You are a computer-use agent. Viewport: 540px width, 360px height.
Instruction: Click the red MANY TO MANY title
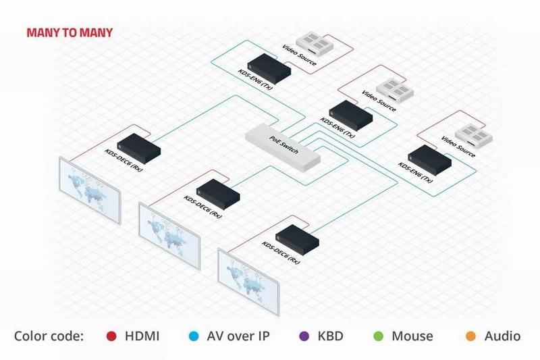coord(70,32)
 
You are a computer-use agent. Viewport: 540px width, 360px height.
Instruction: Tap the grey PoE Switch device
coord(283,147)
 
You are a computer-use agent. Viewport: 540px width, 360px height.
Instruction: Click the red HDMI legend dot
coord(111,336)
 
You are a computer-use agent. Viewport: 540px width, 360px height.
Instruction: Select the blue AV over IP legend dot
coord(194,336)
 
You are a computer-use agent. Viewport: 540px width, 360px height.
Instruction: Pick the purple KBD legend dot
coord(304,336)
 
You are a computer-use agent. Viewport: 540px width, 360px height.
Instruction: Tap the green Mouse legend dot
coord(379,336)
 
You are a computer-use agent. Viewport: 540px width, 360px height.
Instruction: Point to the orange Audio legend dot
coord(470,336)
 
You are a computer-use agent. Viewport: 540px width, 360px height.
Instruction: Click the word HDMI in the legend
coord(142,336)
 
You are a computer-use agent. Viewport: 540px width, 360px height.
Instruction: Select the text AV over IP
coord(238,336)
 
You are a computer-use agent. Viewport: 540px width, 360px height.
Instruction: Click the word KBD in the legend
coord(330,336)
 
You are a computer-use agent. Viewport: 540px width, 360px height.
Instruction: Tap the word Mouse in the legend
coord(412,336)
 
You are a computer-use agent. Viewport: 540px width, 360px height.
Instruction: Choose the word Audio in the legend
coord(502,336)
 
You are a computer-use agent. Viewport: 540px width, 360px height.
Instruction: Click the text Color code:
coord(49,336)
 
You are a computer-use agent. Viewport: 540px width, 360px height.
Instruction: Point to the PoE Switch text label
coord(283,145)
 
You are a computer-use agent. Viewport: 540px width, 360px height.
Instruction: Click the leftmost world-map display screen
coord(90,190)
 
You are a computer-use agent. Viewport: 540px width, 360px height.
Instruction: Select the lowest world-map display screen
coord(248,282)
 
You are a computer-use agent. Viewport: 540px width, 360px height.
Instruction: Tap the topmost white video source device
coord(315,43)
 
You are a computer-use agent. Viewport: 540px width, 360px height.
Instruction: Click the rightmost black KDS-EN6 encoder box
coord(429,160)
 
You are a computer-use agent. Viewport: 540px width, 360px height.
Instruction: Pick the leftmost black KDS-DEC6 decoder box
coord(139,149)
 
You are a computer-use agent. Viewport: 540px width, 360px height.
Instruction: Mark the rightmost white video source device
coord(474,135)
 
